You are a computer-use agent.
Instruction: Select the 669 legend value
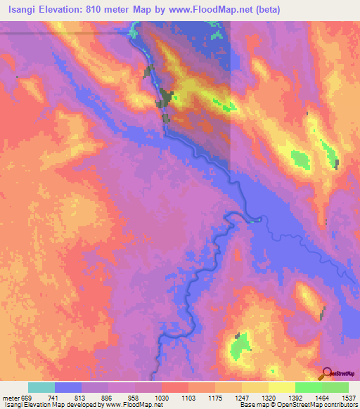click(x=27, y=398)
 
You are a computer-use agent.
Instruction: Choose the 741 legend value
click(x=54, y=398)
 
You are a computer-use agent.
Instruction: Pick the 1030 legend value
click(x=161, y=398)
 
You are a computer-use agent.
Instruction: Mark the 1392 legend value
click(x=295, y=398)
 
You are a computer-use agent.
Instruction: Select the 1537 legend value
click(x=348, y=398)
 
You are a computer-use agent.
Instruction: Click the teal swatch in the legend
click(x=41, y=387)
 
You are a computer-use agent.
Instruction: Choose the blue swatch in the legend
click(x=68, y=387)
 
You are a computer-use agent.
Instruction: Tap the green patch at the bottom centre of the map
click(x=241, y=344)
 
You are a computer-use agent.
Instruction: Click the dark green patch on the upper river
click(x=165, y=98)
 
